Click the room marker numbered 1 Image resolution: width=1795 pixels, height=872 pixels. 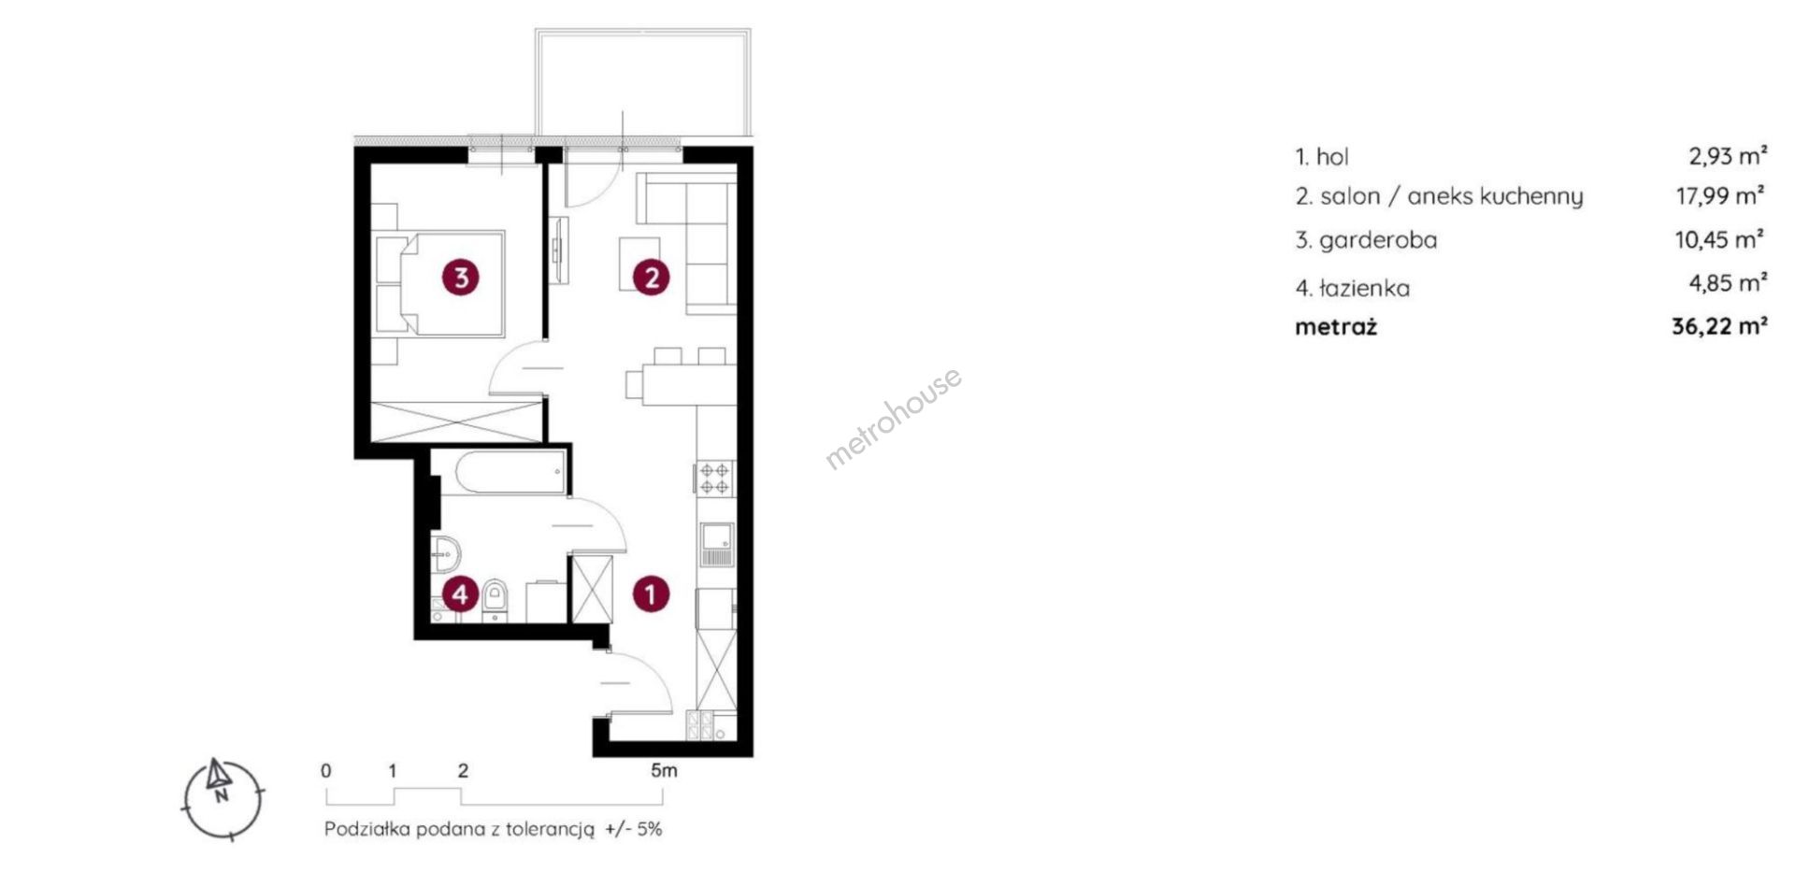pos(651,593)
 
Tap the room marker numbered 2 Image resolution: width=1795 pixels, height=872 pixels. pos(651,277)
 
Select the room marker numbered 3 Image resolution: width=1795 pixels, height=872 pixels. pos(461,277)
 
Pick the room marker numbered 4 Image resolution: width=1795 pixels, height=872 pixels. pos(461,593)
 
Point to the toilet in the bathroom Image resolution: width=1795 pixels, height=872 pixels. pos(495,598)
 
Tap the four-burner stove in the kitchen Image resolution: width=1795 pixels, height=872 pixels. pos(715,478)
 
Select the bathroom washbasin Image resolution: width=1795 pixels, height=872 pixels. pos(445,552)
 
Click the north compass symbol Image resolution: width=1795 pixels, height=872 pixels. pos(222,798)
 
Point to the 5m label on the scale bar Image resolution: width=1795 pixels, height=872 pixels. pos(664,771)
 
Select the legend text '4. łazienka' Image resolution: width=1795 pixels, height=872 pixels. pos(1352,288)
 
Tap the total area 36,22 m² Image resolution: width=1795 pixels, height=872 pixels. pos(1719,326)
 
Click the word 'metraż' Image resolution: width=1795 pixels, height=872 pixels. pos(1336,327)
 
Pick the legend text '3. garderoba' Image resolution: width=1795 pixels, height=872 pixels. pos(1366,240)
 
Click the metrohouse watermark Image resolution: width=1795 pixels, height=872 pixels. pos(893,418)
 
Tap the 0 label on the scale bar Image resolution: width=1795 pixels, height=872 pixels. pos(325,771)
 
